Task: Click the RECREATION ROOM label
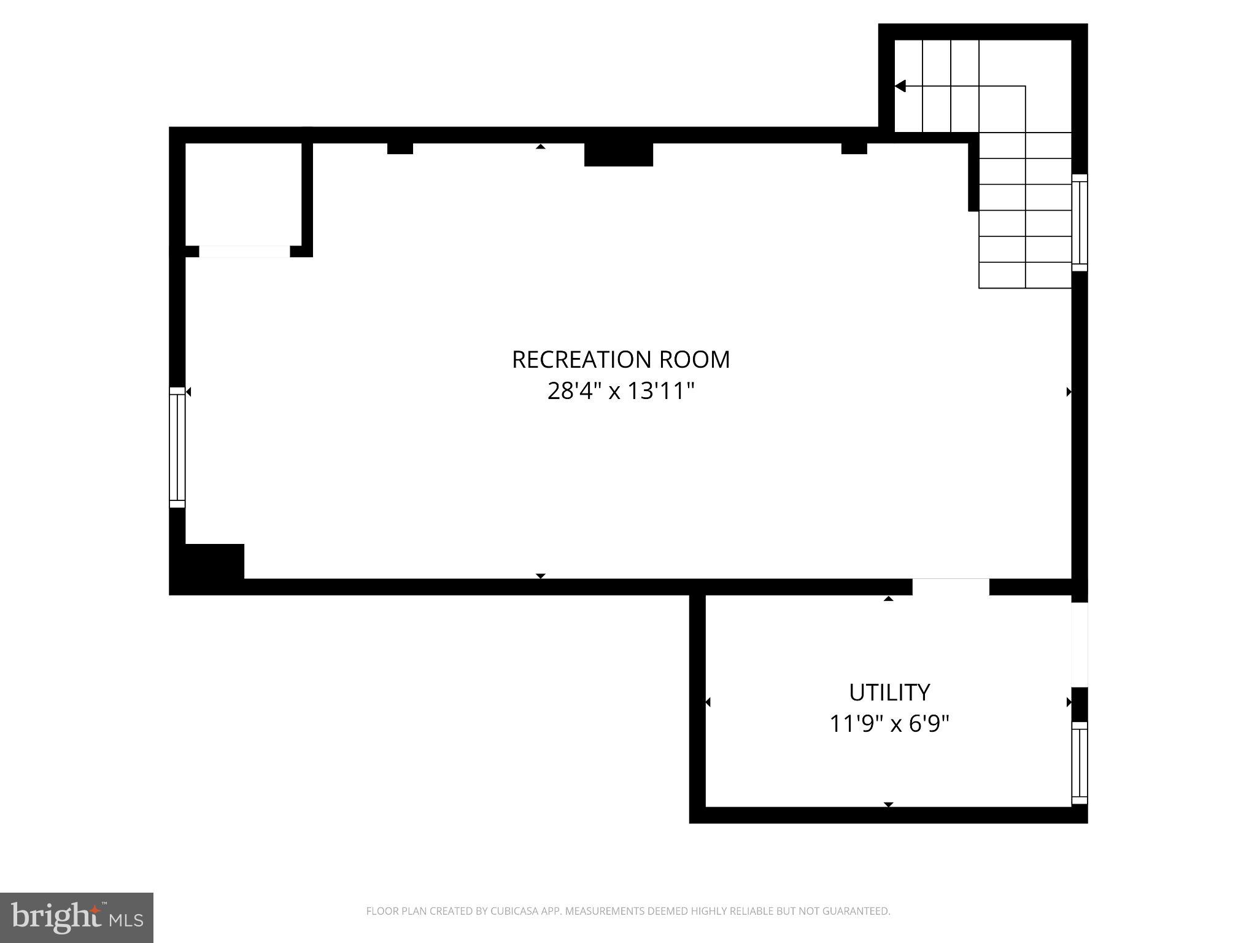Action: tap(621, 360)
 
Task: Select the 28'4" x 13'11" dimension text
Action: tap(621, 391)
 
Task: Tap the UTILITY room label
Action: tap(889, 693)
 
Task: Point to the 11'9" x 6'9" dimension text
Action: tap(889, 724)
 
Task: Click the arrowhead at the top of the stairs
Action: tap(900, 86)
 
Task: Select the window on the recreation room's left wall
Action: tap(177, 447)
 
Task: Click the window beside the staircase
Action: tap(1080, 222)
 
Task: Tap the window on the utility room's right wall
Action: tap(1080, 763)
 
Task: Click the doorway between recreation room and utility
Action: tap(950, 587)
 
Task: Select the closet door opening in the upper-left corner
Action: tap(244, 252)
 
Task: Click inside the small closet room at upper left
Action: tap(243, 194)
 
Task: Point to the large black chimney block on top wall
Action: tap(618, 154)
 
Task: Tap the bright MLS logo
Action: tap(76, 917)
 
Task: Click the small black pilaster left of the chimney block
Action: tap(400, 148)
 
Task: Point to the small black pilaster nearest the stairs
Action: tap(854, 148)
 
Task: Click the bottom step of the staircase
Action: tap(1025, 276)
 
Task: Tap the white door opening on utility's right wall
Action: tap(1080, 645)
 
